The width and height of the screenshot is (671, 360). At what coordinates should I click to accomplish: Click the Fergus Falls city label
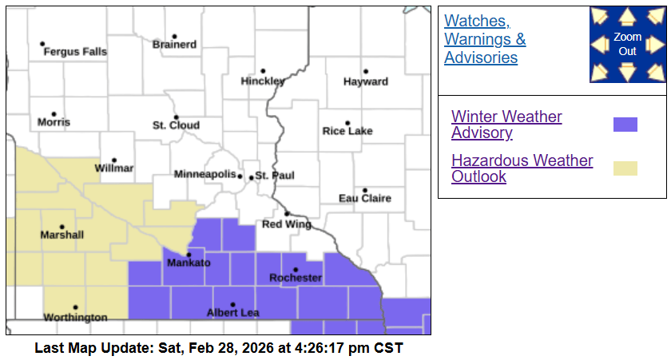tap(74, 52)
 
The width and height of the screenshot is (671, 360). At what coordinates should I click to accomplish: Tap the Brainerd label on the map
tap(174, 45)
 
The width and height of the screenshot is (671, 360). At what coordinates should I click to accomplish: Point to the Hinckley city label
tap(263, 81)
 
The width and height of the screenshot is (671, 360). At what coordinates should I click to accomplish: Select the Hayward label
tap(366, 81)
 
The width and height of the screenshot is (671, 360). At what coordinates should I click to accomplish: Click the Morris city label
tap(54, 122)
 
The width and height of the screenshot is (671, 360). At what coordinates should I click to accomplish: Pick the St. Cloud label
tap(176, 125)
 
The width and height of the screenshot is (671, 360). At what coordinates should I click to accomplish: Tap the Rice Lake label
tap(347, 131)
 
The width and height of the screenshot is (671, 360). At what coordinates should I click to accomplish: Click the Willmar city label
tap(114, 168)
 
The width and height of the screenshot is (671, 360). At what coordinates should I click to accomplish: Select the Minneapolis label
tap(205, 174)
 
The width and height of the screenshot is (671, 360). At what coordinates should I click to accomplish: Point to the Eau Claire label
tap(365, 198)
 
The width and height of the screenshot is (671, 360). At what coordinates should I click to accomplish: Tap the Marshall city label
tap(62, 235)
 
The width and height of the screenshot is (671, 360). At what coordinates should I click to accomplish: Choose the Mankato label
tap(189, 263)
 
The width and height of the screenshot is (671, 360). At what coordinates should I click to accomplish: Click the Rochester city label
tap(296, 278)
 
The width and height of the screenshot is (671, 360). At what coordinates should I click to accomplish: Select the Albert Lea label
tap(232, 312)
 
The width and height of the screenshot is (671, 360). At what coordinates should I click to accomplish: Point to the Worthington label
tap(75, 317)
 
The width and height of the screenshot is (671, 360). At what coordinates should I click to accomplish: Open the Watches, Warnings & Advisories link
tap(485, 39)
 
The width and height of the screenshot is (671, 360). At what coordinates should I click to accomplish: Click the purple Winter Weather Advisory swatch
tap(625, 125)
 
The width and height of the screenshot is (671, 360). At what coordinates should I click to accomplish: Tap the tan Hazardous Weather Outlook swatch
tap(625, 168)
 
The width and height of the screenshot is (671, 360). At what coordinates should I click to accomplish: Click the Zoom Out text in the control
tap(628, 44)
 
